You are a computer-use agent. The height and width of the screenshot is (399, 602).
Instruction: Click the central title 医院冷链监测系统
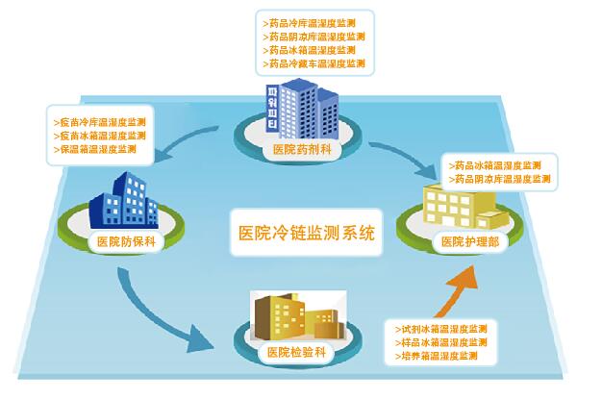[x=305, y=234]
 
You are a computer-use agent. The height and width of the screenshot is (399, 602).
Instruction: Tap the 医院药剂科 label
[x=301, y=150]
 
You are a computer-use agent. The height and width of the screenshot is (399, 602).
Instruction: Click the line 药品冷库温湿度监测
[x=313, y=20]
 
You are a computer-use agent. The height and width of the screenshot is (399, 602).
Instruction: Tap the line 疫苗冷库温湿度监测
[x=102, y=122]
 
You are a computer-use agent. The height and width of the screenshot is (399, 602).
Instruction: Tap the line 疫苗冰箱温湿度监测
[x=102, y=136]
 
